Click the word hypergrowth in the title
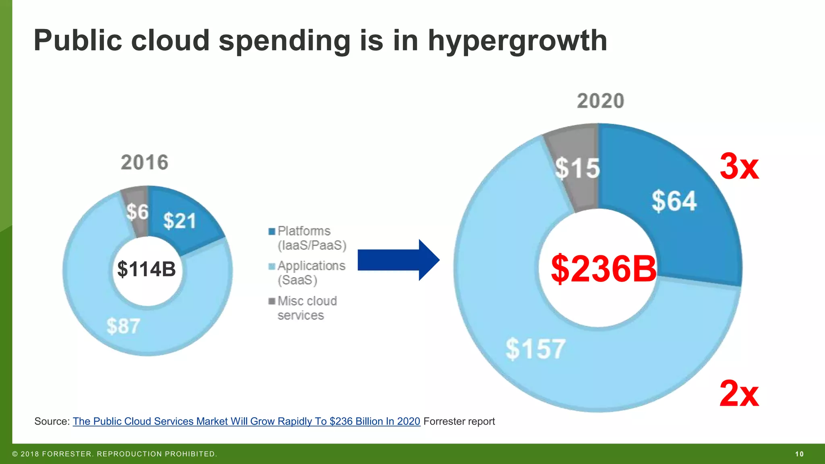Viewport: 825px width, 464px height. (x=517, y=41)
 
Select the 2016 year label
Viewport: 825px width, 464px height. (x=144, y=162)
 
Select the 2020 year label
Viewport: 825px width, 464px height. (x=600, y=101)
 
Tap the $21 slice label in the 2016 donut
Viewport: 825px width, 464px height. (x=179, y=221)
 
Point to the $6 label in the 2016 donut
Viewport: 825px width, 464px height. (x=137, y=212)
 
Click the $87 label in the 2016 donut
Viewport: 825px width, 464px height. (x=123, y=326)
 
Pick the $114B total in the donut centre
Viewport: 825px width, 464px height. (x=146, y=269)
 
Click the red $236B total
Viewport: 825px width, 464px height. (x=603, y=269)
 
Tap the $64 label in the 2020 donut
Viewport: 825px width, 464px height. (x=674, y=201)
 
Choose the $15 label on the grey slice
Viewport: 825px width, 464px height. (x=577, y=168)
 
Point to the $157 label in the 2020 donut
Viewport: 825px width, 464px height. (x=535, y=349)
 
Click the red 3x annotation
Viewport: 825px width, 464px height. (x=739, y=166)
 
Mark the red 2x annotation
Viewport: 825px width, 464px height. (x=739, y=394)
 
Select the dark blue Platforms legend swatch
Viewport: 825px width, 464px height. (x=272, y=231)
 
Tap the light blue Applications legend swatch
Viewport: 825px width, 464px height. (x=272, y=266)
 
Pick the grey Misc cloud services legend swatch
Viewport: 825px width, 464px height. (x=272, y=301)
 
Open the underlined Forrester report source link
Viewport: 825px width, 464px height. (x=246, y=421)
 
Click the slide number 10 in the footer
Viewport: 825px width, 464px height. (x=799, y=454)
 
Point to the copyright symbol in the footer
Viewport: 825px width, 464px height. (x=15, y=454)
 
